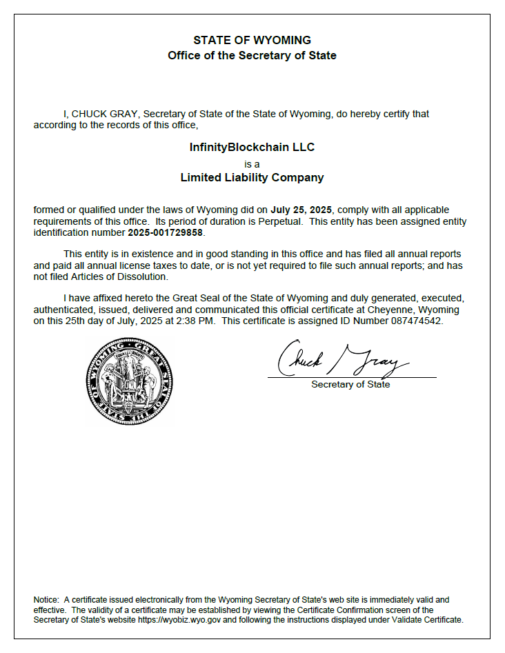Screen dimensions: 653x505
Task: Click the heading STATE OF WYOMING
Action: click(252, 40)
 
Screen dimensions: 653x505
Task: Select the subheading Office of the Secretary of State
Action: click(252, 55)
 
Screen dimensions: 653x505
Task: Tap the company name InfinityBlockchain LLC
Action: click(252, 147)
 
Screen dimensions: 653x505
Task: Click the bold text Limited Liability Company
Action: click(252, 177)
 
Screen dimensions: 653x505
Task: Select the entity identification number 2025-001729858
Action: click(166, 232)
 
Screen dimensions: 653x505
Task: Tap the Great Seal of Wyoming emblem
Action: click(130, 381)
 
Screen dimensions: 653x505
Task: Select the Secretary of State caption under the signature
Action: click(350, 385)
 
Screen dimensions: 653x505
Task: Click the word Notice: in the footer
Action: click(47, 600)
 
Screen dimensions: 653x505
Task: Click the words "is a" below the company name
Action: click(252, 163)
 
